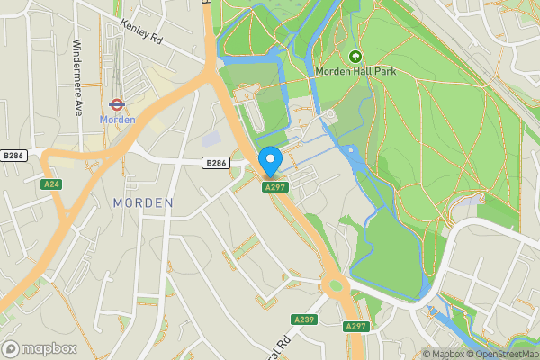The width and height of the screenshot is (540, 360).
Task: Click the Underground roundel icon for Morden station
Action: coord(116,103)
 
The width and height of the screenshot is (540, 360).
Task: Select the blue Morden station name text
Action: coord(117,120)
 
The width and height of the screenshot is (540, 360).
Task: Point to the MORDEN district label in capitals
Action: coord(143,203)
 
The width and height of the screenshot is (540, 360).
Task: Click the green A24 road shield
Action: coord(51,184)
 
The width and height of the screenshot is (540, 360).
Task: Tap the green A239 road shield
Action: coord(304,319)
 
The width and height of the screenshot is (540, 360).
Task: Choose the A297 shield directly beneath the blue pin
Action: coord(274,186)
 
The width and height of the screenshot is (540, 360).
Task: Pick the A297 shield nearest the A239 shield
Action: coord(355,326)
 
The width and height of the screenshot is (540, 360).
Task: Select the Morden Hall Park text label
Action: coord(355,71)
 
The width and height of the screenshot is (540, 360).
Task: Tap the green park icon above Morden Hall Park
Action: coord(355,56)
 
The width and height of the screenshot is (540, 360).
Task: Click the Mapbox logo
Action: coord(40,348)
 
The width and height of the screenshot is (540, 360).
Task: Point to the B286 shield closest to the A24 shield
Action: coord(14,155)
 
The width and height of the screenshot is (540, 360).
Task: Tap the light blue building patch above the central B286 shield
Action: coord(211,139)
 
